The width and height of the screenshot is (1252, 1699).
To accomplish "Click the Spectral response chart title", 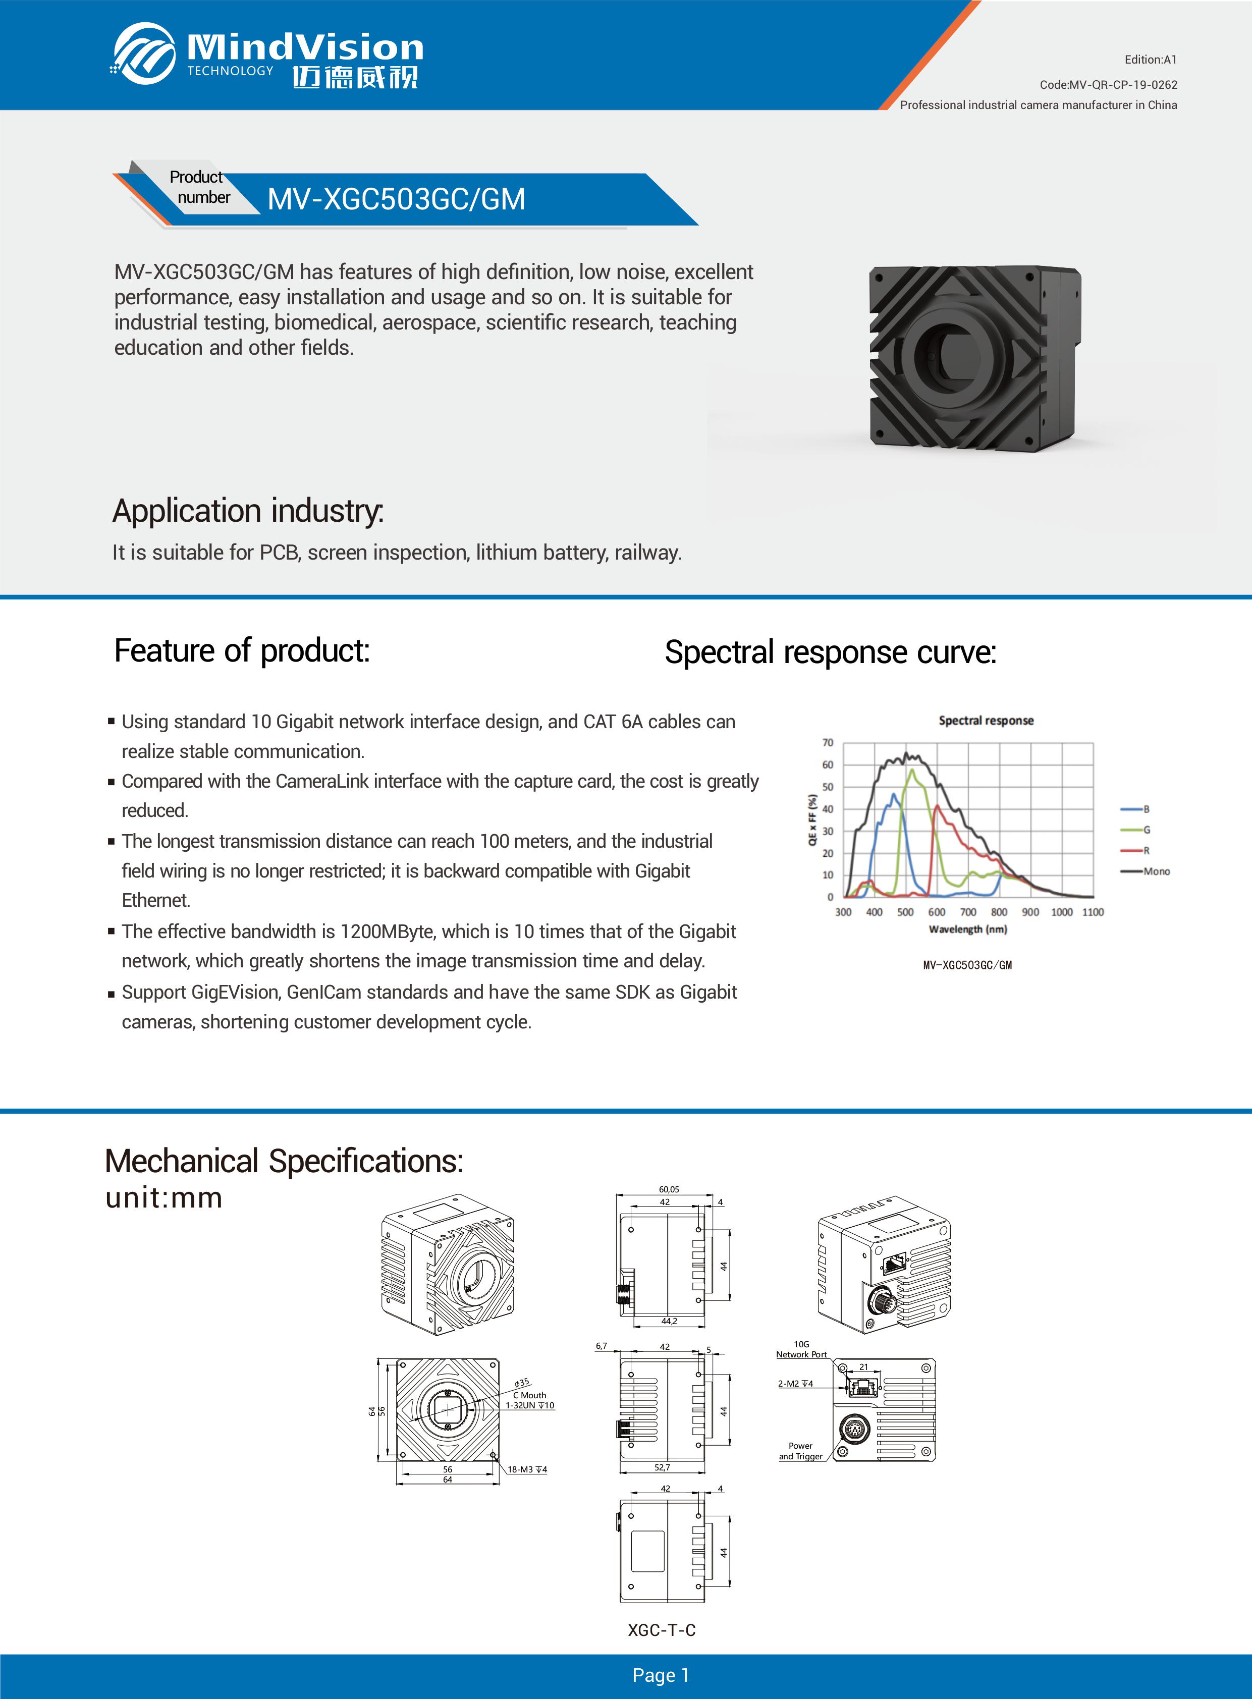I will click(985, 721).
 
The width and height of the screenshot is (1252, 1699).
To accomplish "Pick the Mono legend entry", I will click(1156, 871).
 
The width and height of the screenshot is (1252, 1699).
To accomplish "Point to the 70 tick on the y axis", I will click(828, 743).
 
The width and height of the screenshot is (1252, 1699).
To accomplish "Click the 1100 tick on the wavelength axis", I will click(1092, 912).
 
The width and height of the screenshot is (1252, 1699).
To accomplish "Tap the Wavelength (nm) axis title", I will click(968, 929).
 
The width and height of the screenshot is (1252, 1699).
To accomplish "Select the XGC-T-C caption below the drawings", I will click(661, 1630).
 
